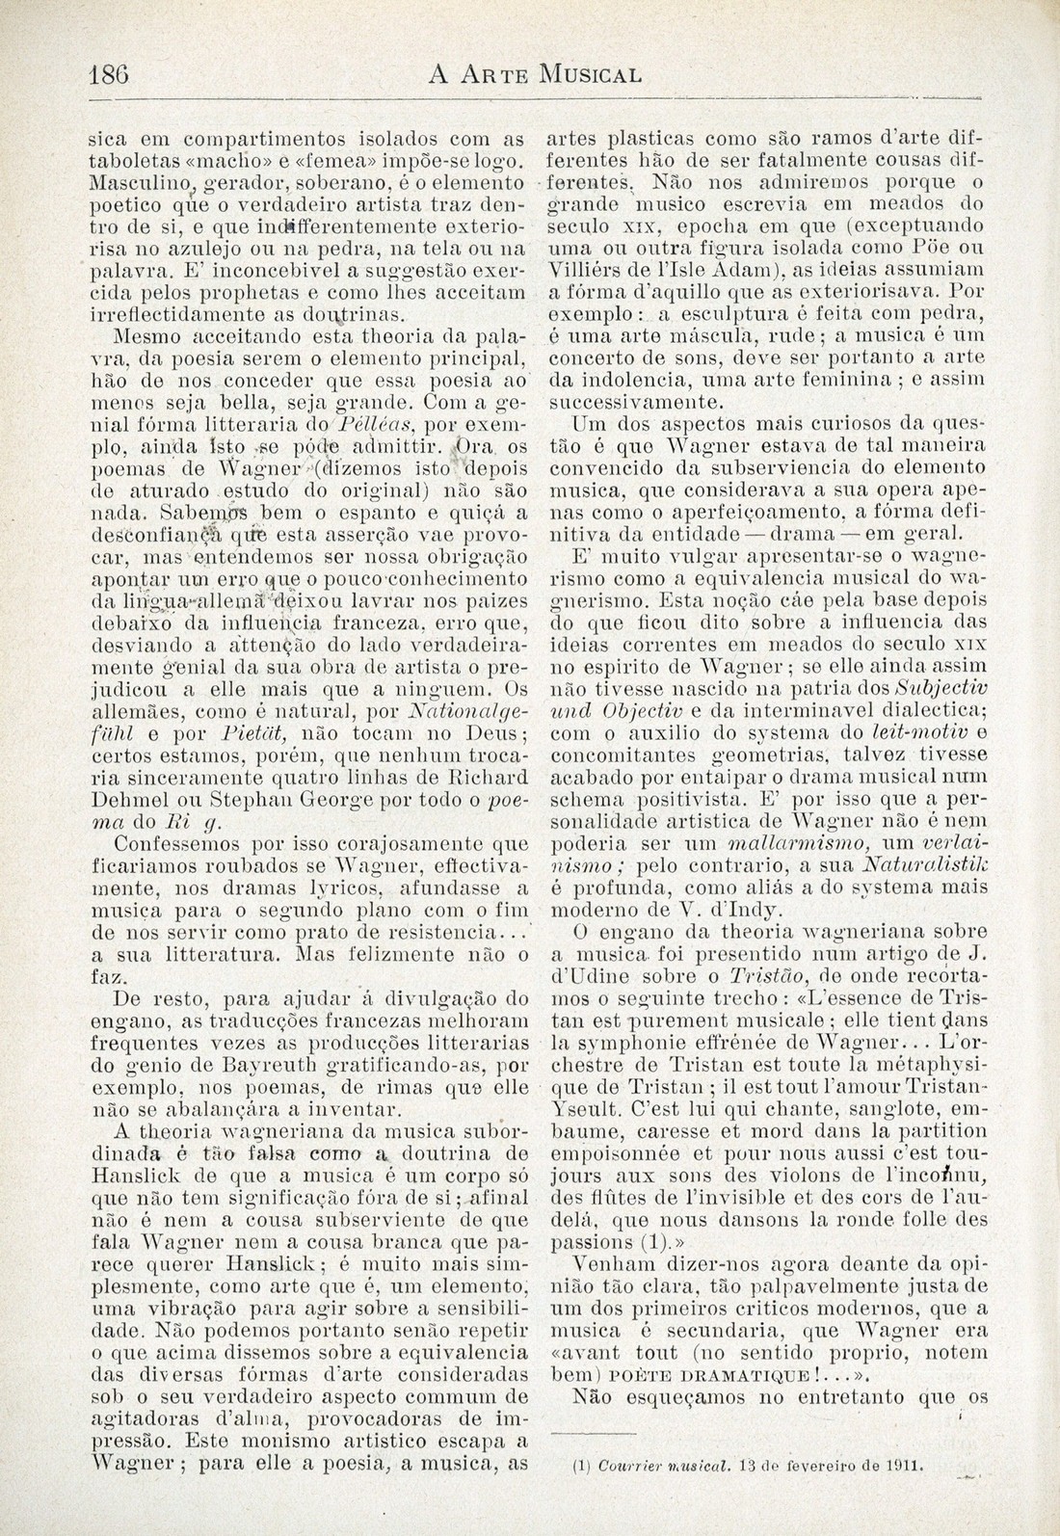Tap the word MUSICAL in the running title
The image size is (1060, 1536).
[590, 74]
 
